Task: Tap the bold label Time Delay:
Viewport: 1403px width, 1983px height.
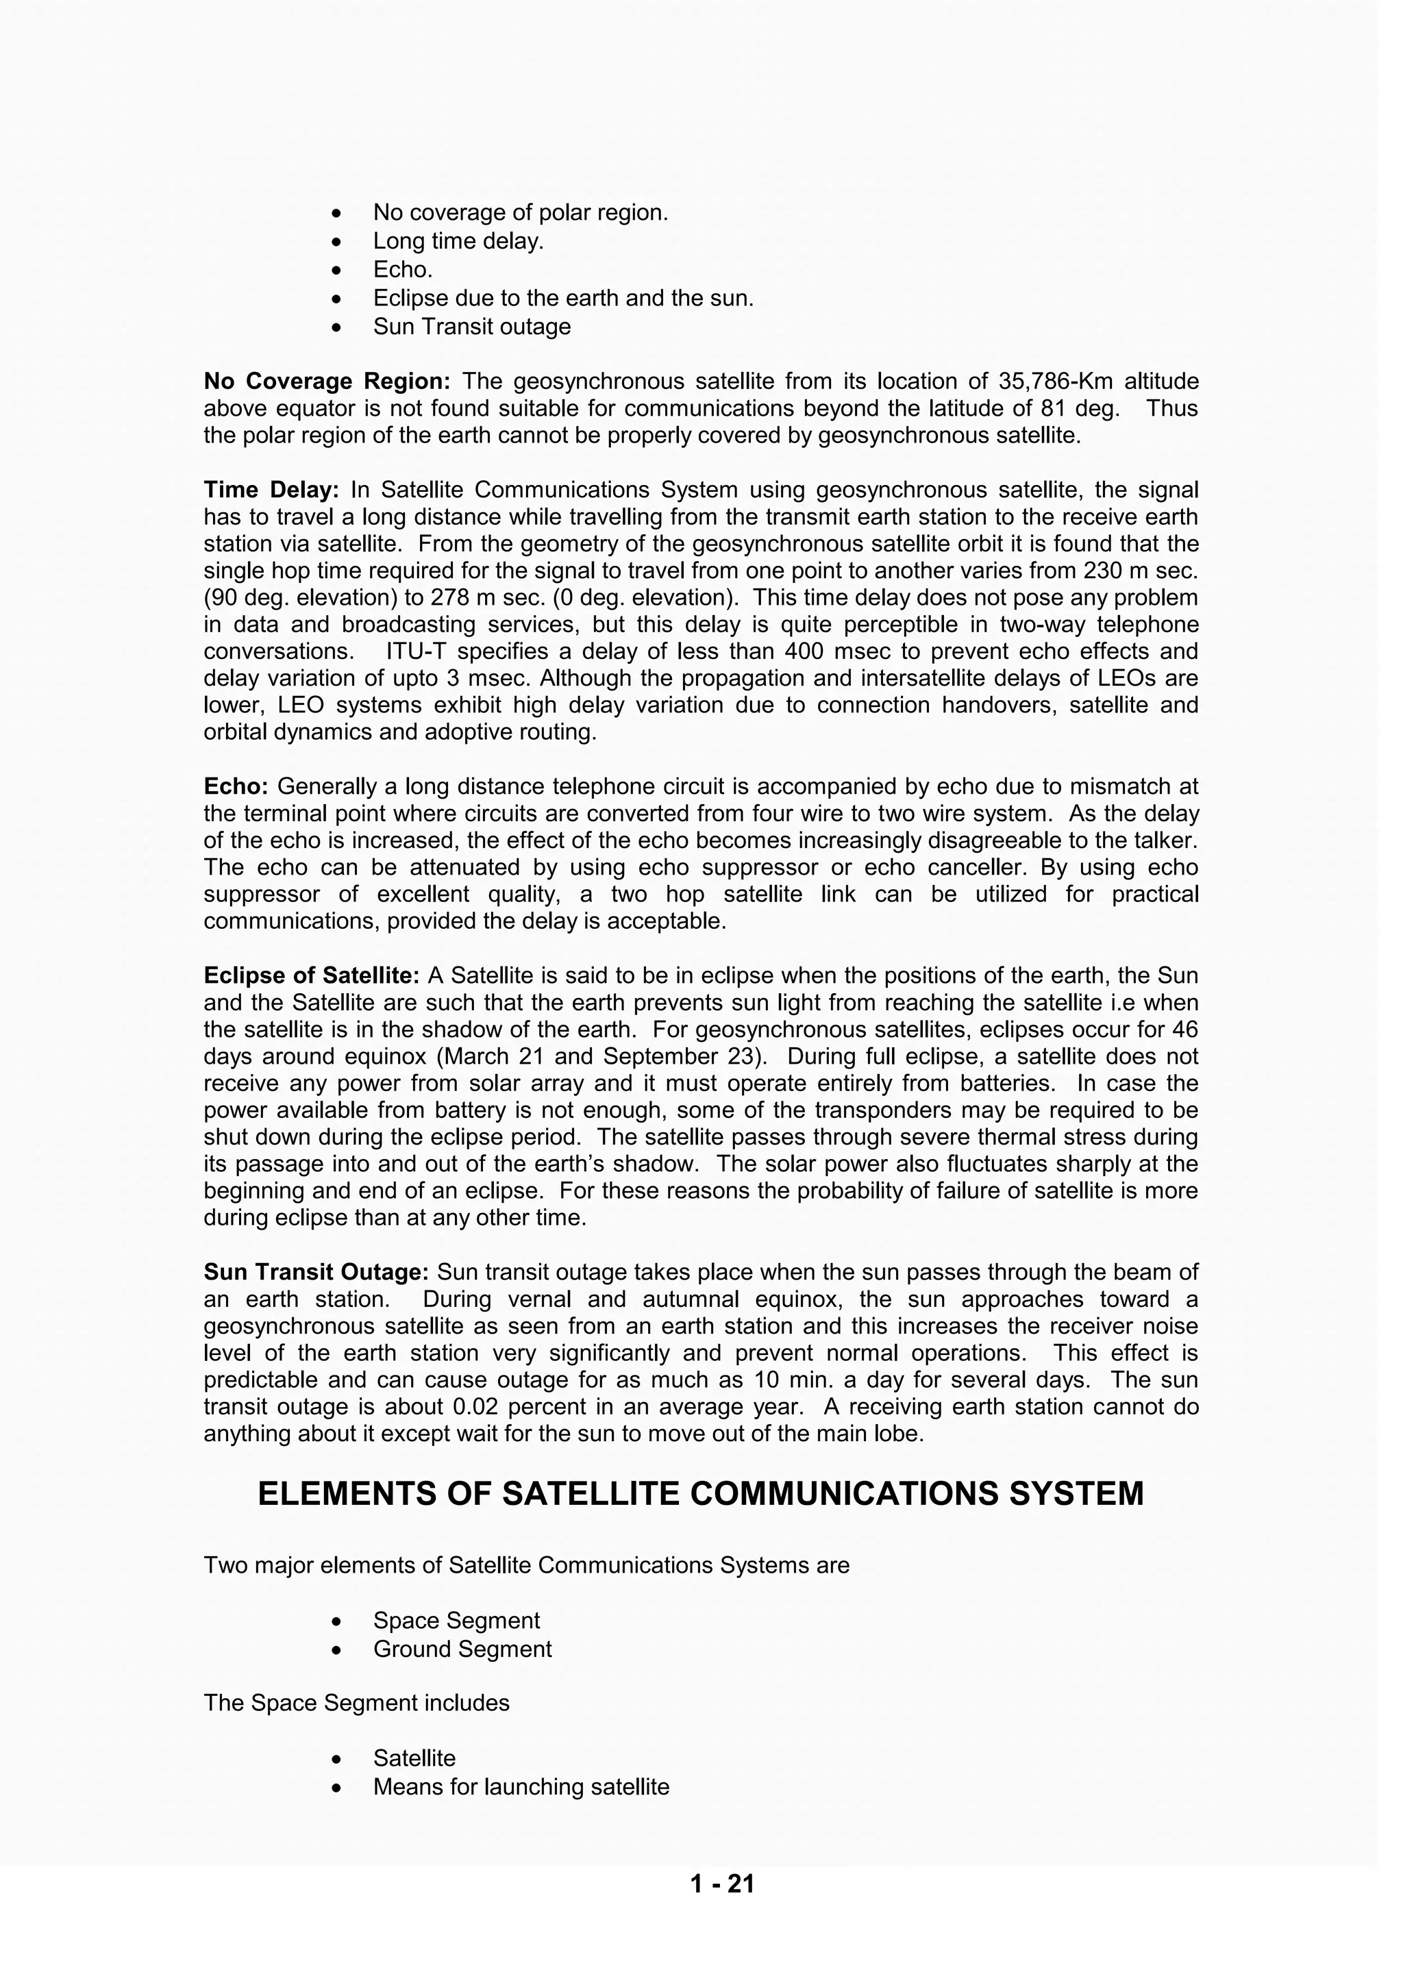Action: pyautogui.click(x=271, y=490)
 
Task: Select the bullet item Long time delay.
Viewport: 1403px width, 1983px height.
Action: pyautogui.click(x=458, y=241)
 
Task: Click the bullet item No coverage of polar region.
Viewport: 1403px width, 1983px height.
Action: pyautogui.click(x=520, y=212)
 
